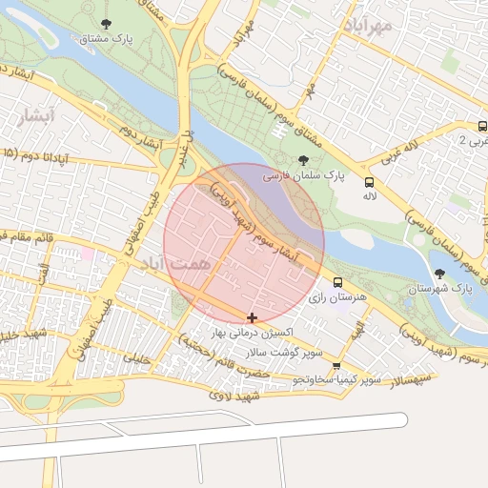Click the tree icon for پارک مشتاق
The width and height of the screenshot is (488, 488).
[x=104, y=23]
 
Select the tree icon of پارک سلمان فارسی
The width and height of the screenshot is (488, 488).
[x=303, y=160]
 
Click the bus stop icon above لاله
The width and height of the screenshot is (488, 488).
[x=369, y=181]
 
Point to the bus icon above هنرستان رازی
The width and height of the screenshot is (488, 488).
[x=338, y=283]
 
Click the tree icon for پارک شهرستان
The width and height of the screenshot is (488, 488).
[x=439, y=274]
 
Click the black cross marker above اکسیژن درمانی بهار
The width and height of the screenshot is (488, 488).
[x=252, y=317]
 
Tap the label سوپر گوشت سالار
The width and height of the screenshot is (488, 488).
[x=284, y=353]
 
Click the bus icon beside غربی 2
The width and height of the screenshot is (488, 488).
[x=483, y=126]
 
